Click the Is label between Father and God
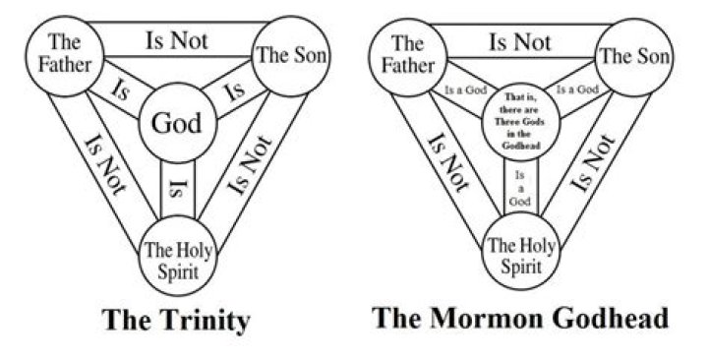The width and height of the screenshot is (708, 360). [120, 95]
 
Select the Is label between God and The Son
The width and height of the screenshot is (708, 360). [233, 94]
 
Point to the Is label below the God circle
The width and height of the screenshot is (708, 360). [177, 184]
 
